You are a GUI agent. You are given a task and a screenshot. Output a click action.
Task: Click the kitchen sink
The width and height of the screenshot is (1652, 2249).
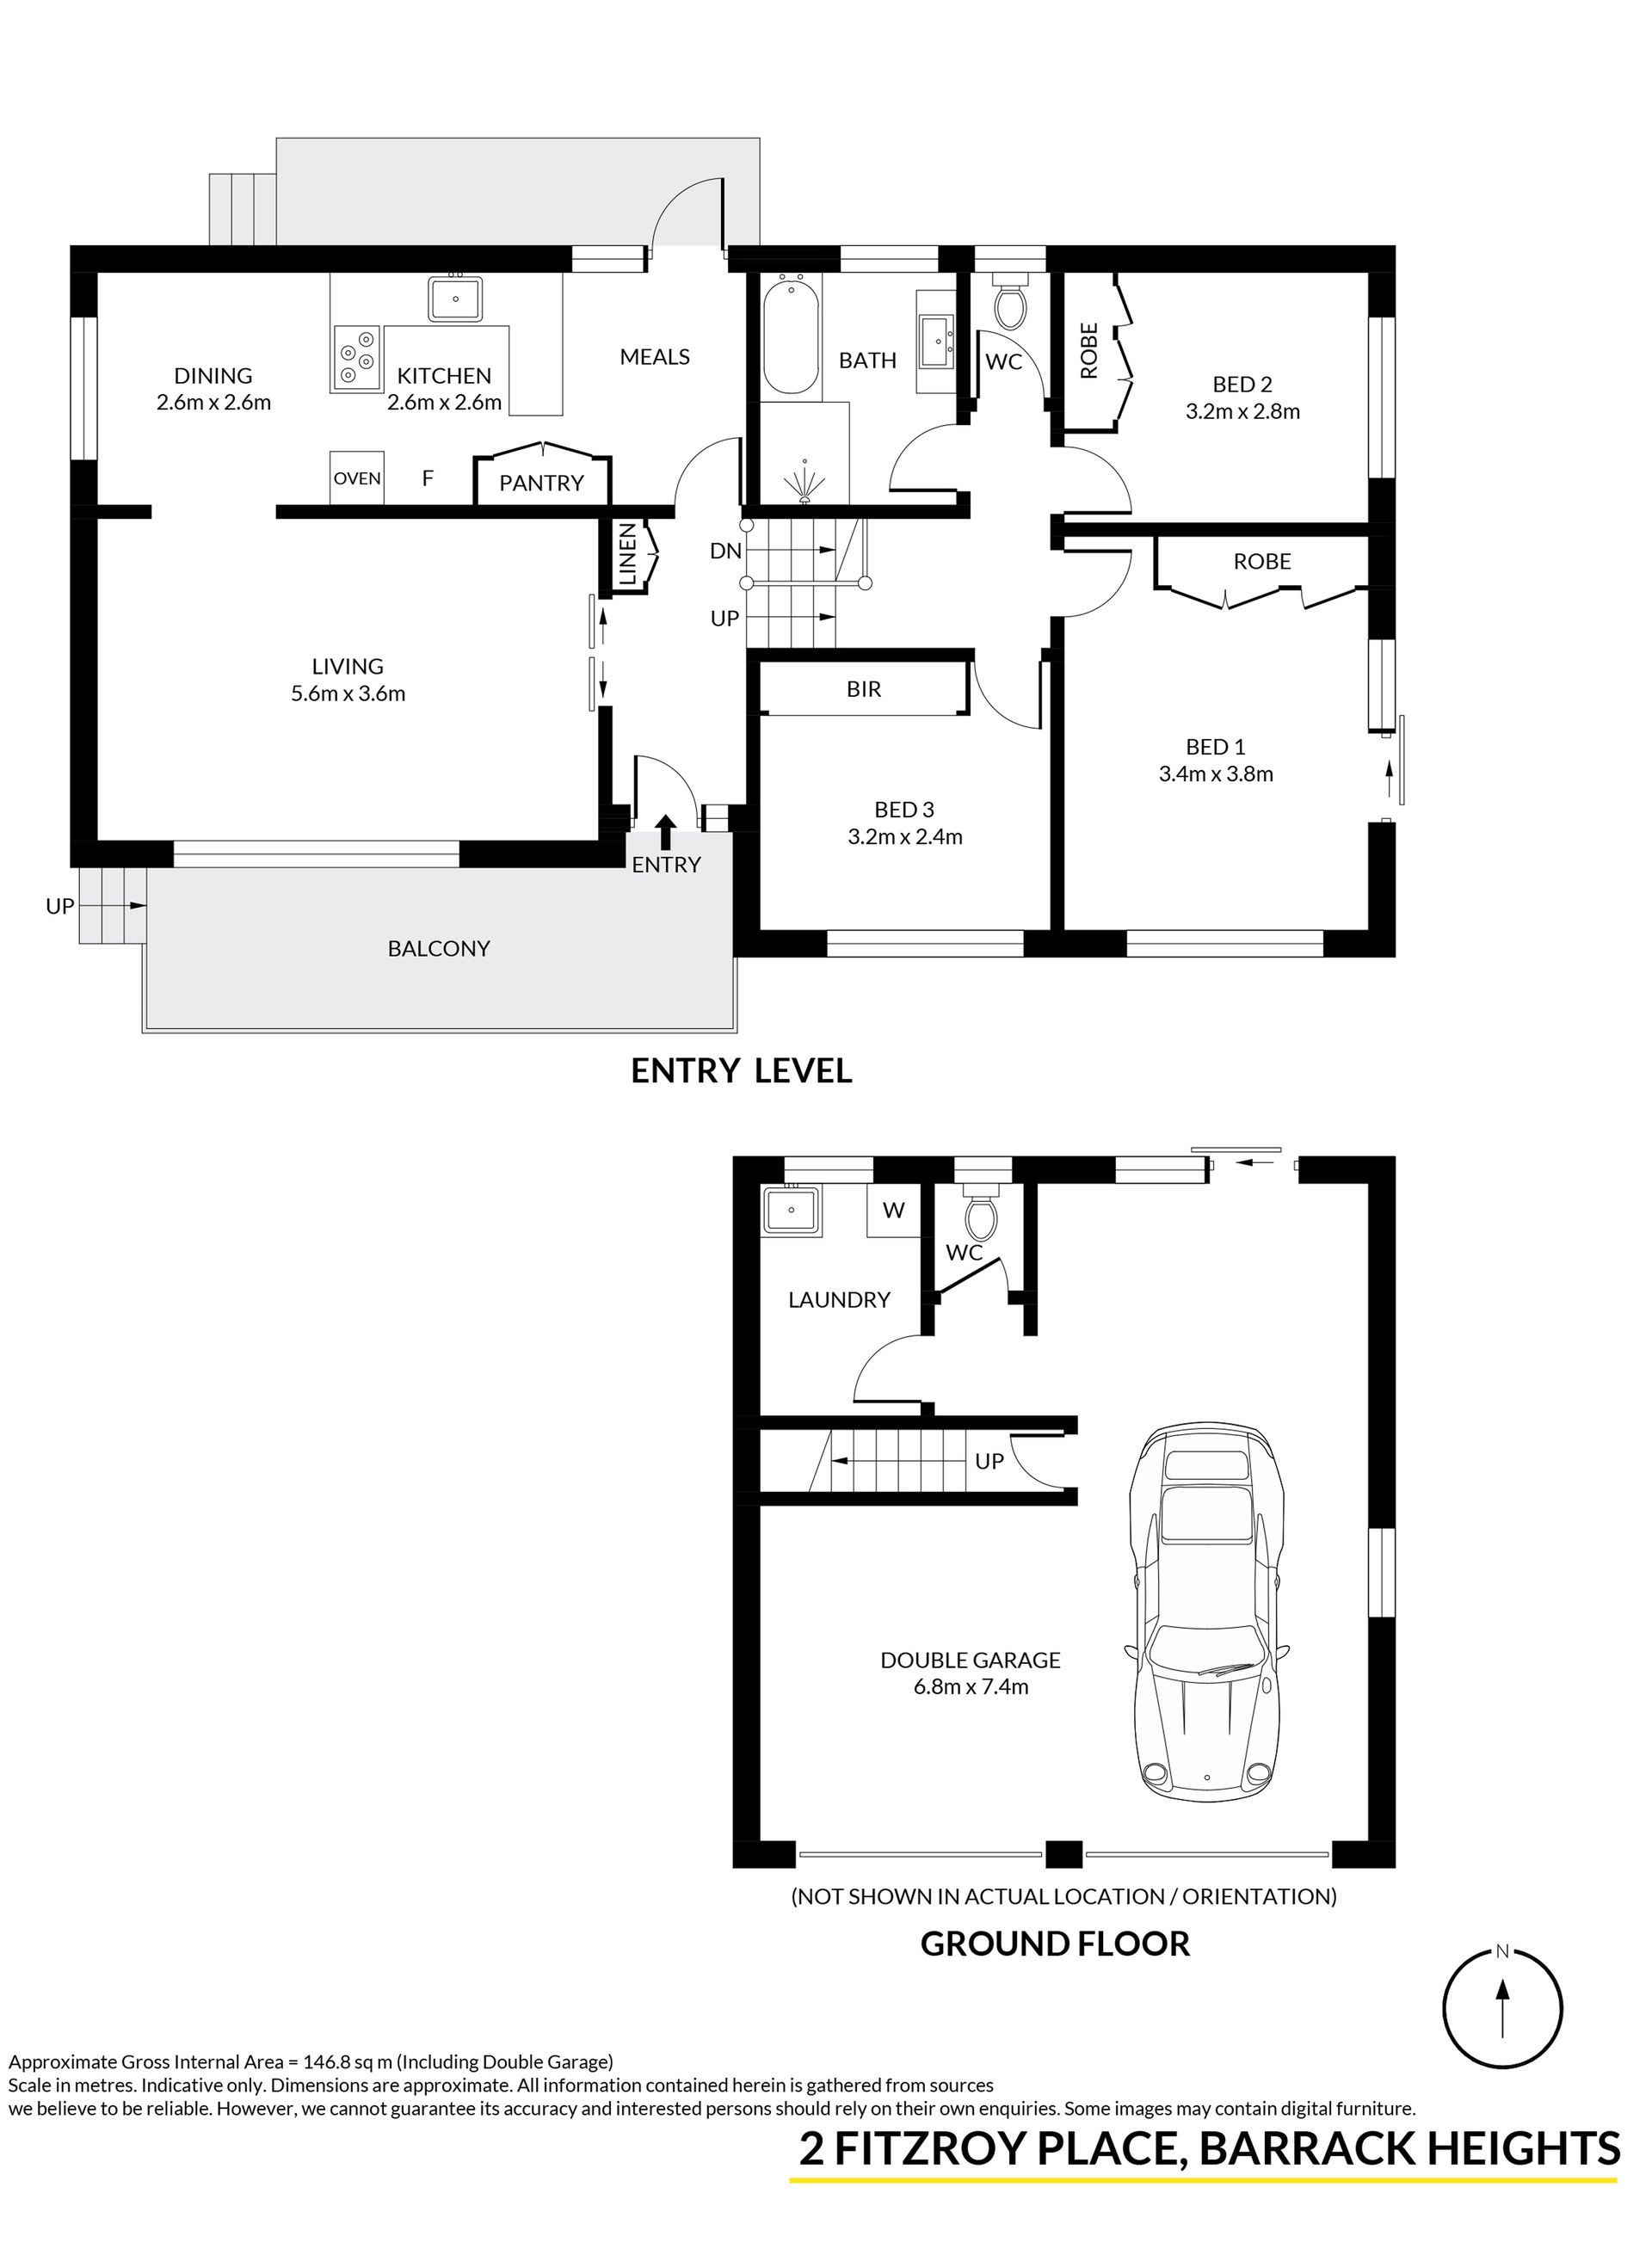coord(456,298)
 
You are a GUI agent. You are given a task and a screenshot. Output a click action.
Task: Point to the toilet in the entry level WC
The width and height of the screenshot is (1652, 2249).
coord(1008,301)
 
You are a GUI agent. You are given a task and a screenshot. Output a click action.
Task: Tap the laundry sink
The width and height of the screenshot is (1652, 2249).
coord(791,1211)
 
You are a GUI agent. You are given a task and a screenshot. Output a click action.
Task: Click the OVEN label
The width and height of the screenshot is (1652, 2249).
coord(357,478)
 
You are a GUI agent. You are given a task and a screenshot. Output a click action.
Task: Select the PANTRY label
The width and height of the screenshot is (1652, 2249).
coord(541,483)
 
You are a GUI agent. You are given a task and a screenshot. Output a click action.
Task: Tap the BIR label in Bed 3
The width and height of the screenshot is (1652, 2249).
coord(864,689)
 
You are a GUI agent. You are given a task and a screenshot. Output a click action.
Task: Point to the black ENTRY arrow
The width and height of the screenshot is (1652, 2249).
coord(665,832)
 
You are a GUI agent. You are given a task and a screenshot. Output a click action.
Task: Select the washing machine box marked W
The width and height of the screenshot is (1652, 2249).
coord(894,1211)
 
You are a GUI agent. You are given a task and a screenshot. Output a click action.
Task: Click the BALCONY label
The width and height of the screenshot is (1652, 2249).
coord(439,948)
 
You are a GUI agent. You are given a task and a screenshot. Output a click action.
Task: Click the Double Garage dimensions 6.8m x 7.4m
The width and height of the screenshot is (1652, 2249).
coord(970,1687)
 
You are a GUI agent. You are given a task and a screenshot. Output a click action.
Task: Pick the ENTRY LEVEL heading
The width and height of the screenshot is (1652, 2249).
coord(741,1071)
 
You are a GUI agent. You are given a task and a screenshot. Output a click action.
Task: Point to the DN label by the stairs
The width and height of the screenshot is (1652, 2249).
coord(725,550)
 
